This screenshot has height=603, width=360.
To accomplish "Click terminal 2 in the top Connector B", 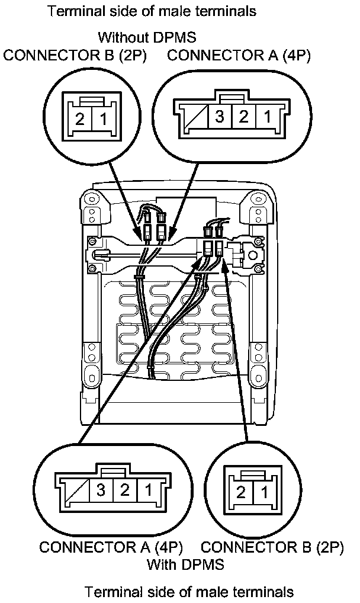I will click(80, 118).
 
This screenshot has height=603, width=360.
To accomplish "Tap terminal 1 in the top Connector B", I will click(103, 118).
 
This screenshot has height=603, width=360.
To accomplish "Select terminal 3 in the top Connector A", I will click(220, 116).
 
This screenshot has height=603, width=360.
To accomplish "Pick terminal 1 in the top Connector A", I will click(267, 116).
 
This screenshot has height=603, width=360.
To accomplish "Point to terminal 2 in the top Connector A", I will click(243, 116).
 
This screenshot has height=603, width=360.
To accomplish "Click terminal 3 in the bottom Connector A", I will click(101, 490).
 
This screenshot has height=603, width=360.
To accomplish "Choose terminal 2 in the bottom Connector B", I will click(241, 492).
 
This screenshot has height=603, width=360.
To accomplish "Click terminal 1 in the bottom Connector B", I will click(263, 492).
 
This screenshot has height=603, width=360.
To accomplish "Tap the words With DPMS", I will click(185, 564).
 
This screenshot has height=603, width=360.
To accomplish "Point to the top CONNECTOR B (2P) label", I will click(75, 56).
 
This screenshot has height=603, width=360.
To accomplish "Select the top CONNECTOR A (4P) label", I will click(239, 56).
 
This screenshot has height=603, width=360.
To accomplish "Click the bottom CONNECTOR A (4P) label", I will click(111, 547).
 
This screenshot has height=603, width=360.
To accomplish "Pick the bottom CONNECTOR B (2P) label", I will click(272, 547).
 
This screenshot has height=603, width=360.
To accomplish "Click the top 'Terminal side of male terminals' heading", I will click(153, 11).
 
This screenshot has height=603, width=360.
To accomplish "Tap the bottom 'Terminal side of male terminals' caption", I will click(189, 591).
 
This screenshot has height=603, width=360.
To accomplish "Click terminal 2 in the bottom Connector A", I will click(125, 490).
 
